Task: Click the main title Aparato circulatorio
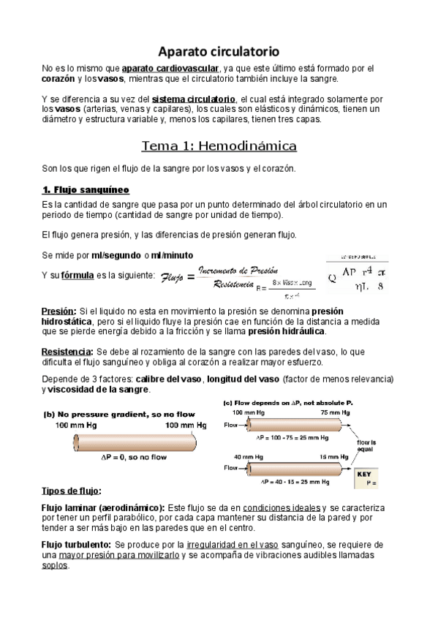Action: (x=219, y=52)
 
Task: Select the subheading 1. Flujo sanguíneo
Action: (x=86, y=190)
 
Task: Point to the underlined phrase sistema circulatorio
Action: (x=193, y=99)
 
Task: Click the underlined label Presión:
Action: (x=59, y=311)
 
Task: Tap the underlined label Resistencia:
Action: (x=68, y=352)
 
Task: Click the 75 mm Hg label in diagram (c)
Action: (x=337, y=413)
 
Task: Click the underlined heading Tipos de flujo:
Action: (x=72, y=490)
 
